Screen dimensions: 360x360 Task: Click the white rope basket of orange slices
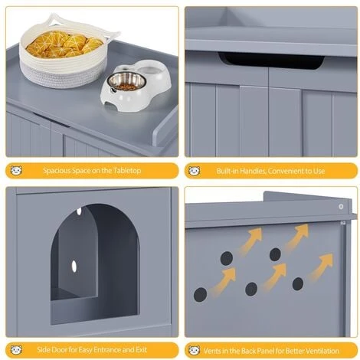click(64, 54)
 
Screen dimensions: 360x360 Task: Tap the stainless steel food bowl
click(126, 81)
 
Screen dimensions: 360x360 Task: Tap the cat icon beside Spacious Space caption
click(16, 170)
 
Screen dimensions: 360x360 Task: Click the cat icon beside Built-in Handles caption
click(195, 171)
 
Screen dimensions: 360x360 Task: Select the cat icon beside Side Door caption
click(16, 349)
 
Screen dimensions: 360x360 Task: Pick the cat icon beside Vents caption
click(195, 350)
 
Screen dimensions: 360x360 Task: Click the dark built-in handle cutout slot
click(271, 61)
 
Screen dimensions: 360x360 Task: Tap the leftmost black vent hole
click(200, 294)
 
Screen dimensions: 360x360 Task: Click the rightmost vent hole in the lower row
click(298, 283)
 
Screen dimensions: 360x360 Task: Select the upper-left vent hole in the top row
click(227, 258)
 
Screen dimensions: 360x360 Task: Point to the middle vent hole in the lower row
click(251, 290)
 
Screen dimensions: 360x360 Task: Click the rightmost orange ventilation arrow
click(320, 267)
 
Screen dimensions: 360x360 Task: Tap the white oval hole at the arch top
click(79, 211)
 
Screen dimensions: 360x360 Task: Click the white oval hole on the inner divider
click(74, 267)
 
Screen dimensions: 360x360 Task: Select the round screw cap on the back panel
click(341, 207)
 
